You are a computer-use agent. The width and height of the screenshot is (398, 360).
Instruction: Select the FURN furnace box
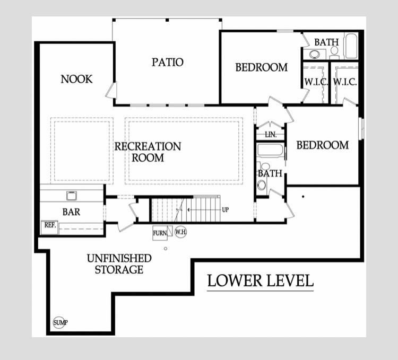[x=160, y=233]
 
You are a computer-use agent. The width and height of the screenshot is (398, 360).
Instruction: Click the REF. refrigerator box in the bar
[x=50, y=227]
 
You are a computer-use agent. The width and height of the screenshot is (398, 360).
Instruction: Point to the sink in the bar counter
[x=72, y=196]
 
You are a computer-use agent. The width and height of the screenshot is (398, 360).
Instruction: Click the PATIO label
[x=168, y=62]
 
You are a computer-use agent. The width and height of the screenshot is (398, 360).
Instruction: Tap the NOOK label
[x=76, y=79]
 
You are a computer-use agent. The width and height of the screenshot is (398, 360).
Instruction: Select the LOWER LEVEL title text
[x=261, y=280]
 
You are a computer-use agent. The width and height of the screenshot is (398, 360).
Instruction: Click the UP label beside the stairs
[x=225, y=210]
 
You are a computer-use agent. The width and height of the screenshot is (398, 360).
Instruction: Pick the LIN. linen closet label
[x=271, y=135]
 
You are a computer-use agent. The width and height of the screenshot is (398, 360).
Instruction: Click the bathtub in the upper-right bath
[x=351, y=46]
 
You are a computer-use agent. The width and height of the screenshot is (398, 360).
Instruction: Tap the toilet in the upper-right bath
[x=334, y=52]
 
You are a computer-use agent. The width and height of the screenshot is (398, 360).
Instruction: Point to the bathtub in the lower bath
[x=270, y=150]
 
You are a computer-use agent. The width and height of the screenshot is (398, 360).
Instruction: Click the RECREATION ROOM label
[x=148, y=152]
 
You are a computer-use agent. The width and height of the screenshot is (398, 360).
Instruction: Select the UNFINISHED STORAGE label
[x=119, y=264]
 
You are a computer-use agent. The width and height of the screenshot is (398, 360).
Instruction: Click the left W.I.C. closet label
[x=316, y=82]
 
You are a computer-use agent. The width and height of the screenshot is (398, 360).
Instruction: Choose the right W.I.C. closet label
[x=345, y=82]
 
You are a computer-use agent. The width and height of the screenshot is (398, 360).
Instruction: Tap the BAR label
[x=71, y=212]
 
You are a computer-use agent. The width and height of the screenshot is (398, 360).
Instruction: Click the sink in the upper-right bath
[x=315, y=54]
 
